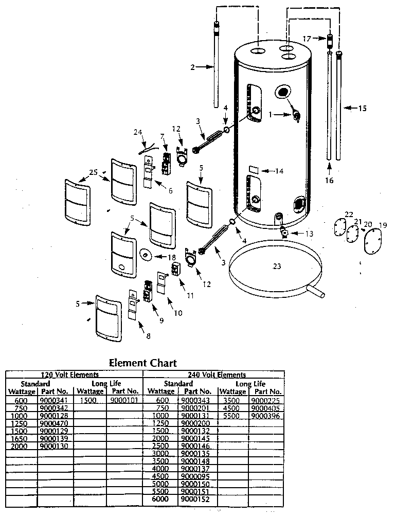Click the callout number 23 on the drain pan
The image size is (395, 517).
pyautogui.click(x=277, y=266)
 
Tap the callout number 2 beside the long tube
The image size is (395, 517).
pyautogui.click(x=192, y=66)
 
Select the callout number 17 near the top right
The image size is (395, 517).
pyautogui.click(x=307, y=38)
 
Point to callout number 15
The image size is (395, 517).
pyautogui.click(x=363, y=108)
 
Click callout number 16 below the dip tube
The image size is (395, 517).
pyautogui.click(x=329, y=180)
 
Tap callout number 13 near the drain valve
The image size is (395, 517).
pyautogui.click(x=309, y=234)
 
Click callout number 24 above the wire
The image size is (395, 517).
pyautogui.click(x=137, y=132)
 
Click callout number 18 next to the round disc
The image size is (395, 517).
pyautogui.click(x=171, y=256)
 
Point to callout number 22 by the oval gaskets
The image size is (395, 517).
pyautogui.click(x=349, y=214)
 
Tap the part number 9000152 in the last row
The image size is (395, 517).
pyautogui.click(x=193, y=499)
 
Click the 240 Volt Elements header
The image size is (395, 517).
pyautogui.click(x=213, y=375)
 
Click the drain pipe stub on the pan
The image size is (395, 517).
pyautogui.click(x=317, y=294)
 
